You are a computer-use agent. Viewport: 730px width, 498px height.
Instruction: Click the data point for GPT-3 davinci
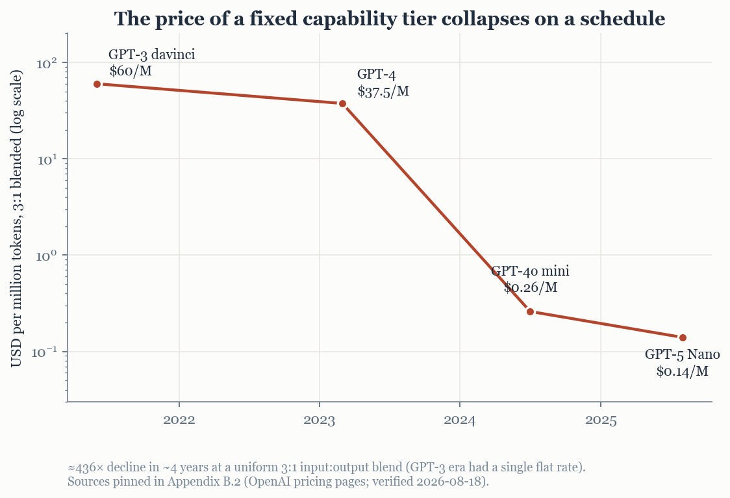pos(97,85)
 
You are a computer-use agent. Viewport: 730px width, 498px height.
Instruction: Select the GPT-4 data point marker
pos(342,103)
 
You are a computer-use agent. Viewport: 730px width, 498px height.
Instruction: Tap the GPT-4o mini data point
pos(530,311)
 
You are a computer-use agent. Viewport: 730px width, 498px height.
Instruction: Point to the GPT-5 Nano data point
pos(683,338)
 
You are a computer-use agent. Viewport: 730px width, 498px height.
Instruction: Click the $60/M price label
pos(131,71)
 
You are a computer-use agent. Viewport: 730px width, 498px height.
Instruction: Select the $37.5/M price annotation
pos(383,91)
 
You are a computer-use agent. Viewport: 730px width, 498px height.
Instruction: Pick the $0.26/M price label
pos(530,287)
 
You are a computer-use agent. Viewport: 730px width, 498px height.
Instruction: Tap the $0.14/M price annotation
pos(682,371)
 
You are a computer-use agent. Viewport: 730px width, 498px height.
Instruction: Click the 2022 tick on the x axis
pos(179,420)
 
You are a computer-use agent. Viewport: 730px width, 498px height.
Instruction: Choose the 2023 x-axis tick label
pos(320,420)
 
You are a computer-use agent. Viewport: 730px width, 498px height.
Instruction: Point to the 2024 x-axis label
pos(460,420)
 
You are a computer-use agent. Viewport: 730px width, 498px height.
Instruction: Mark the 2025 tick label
pos(601,420)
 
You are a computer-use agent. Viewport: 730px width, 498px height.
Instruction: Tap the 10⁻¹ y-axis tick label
pos(45,352)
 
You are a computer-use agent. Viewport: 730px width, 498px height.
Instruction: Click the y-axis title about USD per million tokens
pos(16,218)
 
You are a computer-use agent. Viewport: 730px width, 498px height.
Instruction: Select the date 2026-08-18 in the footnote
pos(449,481)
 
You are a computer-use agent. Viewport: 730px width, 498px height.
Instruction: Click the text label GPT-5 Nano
pos(682,354)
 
